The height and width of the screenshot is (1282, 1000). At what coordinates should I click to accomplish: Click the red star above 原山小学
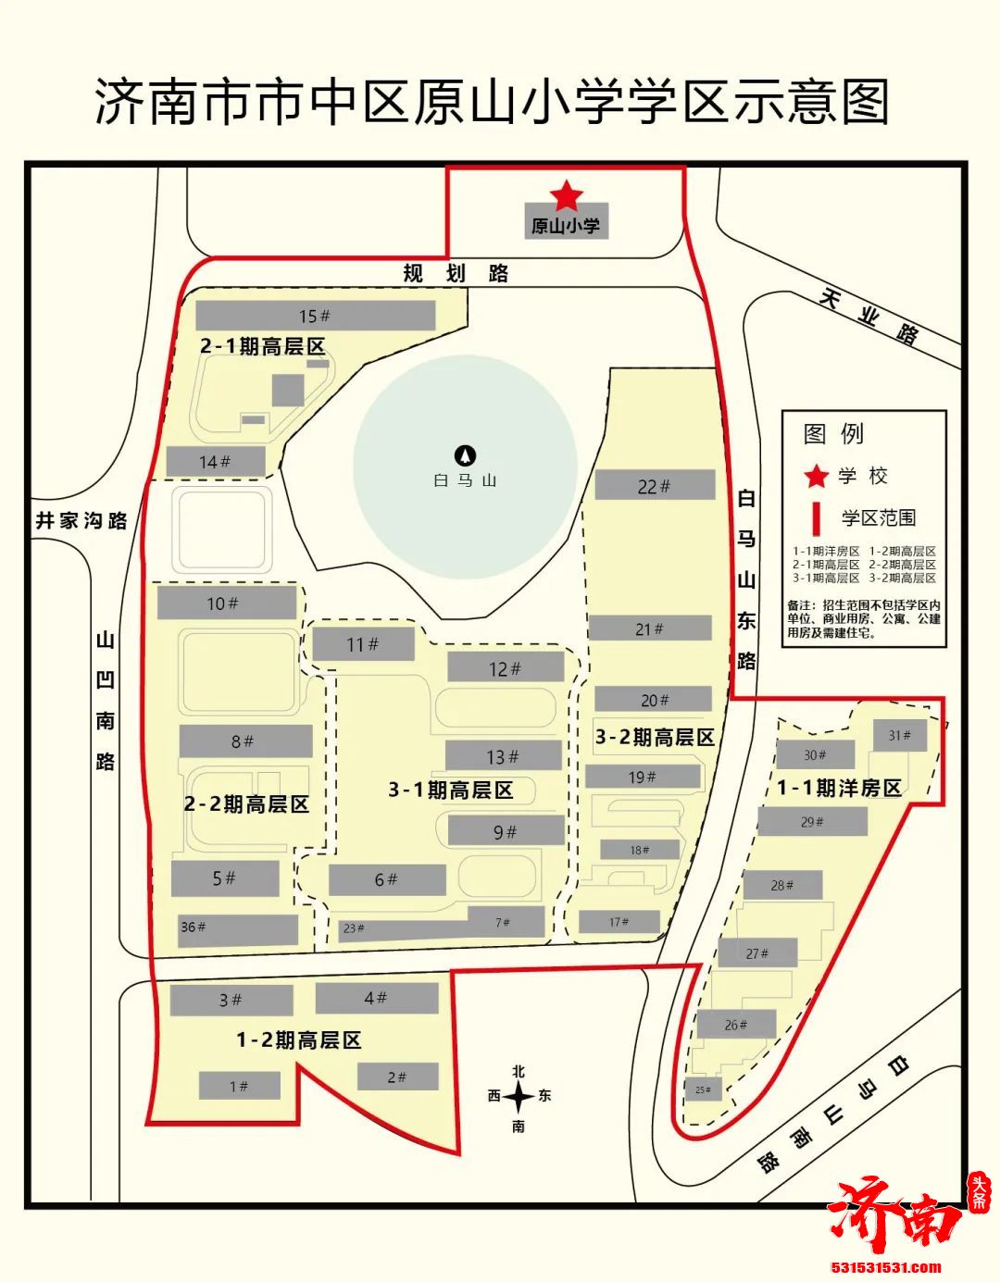tap(566, 195)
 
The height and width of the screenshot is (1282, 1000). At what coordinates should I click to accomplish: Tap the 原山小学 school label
tap(566, 225)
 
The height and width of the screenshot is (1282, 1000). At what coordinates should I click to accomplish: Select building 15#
tap(315, 316)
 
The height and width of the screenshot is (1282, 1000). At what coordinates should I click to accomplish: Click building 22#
tap(654, 485)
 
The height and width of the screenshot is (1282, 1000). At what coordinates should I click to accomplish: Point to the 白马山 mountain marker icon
tap(465, 454)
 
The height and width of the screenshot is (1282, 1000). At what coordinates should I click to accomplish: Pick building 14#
tap(215, 461)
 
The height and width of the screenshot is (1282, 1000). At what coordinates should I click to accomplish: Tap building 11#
tap(362, 644)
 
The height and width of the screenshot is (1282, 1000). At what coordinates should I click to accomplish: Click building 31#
tap(899, 736)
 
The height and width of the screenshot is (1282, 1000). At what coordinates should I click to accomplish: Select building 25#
tap(703, 1089)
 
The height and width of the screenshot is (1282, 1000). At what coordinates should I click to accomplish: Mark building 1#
tap(239, 1086)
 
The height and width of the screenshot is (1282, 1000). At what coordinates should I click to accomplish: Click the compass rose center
tap(519, 1098)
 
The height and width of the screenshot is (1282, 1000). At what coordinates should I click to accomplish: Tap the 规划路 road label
tap(456, 273)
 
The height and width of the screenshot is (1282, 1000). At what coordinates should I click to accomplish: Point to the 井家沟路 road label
tap(81, 520)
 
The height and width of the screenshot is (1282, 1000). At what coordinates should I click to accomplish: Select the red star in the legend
tap(816, 477)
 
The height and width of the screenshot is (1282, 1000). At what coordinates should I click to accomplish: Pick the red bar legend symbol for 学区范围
tap(817, 517)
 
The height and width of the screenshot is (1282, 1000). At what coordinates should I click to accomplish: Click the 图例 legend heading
tap(833, 433)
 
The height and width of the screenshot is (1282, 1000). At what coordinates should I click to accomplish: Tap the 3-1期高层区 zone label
tap(450, 790)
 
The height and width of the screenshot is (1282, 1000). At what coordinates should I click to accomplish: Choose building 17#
tap(619, 922)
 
